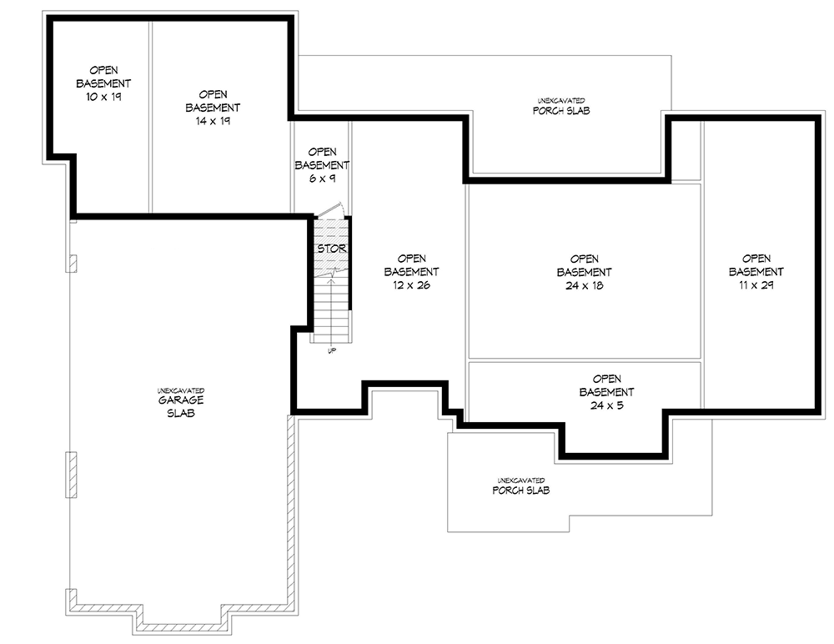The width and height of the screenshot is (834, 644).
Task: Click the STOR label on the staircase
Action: [331, 249]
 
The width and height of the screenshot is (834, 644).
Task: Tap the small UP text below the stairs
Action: [332, 350]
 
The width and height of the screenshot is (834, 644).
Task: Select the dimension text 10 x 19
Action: [103, 97]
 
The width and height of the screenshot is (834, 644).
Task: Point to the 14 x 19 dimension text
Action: [213, 120]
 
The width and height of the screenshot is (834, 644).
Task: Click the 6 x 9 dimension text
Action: [322, 178]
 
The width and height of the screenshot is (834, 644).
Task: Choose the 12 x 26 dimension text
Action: [411, 284]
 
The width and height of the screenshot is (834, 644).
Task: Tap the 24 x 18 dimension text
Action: [584, 284]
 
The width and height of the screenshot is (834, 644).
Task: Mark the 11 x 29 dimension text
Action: [756, 284]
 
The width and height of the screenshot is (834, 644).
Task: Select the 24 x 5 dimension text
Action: [606, 405]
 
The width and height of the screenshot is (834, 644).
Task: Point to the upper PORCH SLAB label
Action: [560, 110]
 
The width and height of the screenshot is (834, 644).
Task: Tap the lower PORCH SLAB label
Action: [520, 491]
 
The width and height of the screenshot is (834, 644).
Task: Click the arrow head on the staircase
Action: [332, 281]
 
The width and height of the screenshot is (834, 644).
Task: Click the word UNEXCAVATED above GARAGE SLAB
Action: [180, 390]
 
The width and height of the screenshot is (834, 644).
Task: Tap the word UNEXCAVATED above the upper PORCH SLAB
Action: [560, 100]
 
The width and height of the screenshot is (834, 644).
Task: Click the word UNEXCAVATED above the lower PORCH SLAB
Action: [520, 480]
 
